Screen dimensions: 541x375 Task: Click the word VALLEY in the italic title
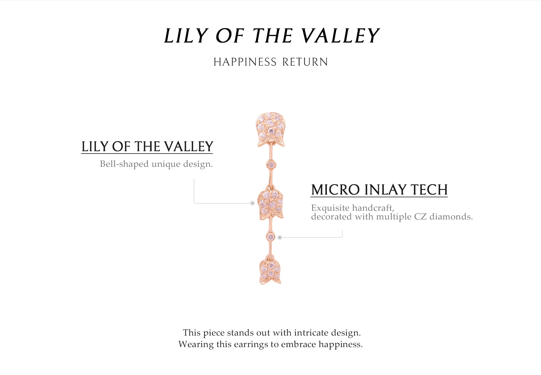340,36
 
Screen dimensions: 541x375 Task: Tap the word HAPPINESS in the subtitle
245,62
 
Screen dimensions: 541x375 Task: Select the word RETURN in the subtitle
305,62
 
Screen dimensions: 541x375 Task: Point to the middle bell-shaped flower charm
271,202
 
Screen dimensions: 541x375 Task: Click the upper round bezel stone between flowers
271,164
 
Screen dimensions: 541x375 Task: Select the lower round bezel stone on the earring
270,237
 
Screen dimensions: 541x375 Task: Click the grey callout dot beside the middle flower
252,203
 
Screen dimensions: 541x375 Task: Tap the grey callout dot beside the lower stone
280,238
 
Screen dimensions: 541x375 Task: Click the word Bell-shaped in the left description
124,164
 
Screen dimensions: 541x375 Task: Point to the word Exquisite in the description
330,208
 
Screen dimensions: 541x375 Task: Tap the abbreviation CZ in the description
420,217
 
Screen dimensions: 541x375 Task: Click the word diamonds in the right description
451,217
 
